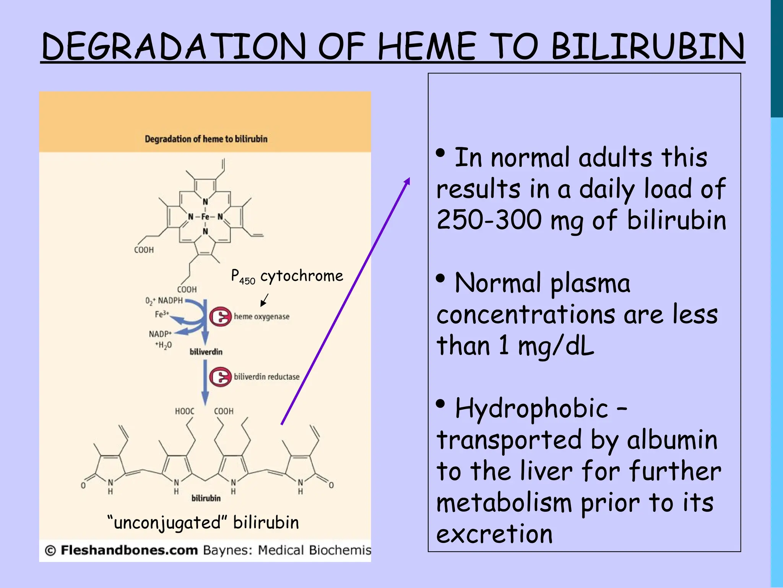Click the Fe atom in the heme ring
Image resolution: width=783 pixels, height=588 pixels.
[x=205, y=217]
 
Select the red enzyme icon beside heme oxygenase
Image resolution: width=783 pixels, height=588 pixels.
[x=220, y=317]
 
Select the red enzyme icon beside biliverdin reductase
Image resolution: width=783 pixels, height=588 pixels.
[x=220, y=377]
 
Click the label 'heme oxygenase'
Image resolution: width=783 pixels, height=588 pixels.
[x=262, y=317]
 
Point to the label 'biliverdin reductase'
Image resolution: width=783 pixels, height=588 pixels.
[x=266, y=377]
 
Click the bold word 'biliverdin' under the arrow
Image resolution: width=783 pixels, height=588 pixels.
[x=206, y=352]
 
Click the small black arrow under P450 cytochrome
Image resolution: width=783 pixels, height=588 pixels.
[x=264, y=300]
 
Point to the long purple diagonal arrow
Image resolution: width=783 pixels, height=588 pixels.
[x=345, y=301]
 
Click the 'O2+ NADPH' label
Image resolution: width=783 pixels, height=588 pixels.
[x=164, y=301]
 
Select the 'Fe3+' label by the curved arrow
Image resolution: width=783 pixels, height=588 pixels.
[x=161, y=314]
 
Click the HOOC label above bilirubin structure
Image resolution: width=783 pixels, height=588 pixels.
[x=185, y=412]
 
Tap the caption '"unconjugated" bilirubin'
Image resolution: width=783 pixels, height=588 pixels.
[x=203, y=523]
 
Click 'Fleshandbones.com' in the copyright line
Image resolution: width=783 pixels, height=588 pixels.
[x=129, y=550]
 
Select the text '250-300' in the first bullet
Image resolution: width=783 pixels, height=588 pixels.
[x=489, y=220]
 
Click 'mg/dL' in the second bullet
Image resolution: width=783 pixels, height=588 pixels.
[x=556, y=346]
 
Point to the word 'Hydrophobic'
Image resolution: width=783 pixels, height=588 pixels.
[x=531, y=408]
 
